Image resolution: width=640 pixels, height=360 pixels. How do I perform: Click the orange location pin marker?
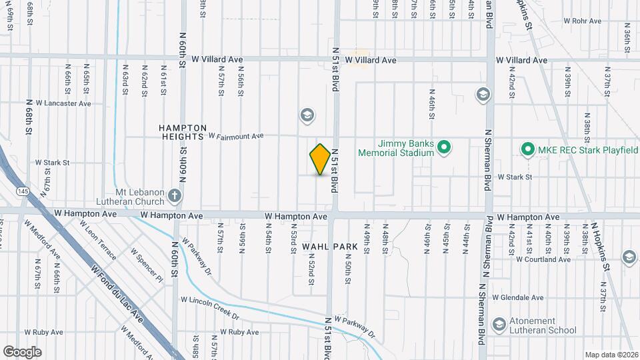tap(321, 159)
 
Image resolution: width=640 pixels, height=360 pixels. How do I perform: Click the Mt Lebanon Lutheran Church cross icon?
tap(174, 196)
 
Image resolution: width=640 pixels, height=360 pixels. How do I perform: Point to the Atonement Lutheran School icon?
tap(499, 325)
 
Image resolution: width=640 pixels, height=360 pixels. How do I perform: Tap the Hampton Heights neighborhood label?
tap(183, 131)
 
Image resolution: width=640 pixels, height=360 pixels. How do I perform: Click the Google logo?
tap(22, 351)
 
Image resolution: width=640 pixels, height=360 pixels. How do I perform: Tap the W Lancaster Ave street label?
tap(63, 103)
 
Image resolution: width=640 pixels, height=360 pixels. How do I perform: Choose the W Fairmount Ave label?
tap(236, 136)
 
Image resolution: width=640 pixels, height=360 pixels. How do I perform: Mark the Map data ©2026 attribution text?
tap(610, 355)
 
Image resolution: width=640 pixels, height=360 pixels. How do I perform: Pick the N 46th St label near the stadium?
tap(432, 105)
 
